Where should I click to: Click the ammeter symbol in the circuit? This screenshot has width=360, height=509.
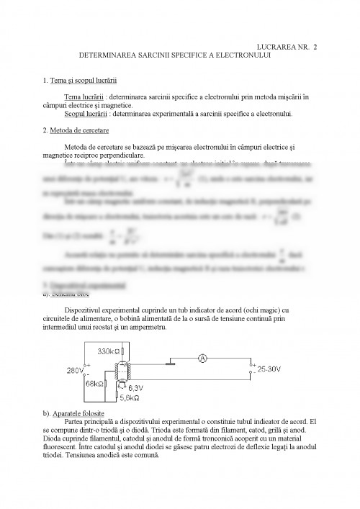[203, 358]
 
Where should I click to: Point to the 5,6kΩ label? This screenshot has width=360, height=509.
[130, 397]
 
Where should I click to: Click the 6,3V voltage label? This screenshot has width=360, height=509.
[134, 387]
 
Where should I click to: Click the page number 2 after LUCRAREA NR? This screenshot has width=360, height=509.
[315, 46]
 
